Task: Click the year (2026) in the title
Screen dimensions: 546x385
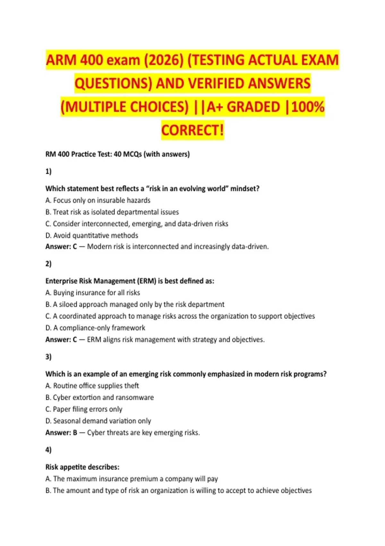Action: coord(163,60)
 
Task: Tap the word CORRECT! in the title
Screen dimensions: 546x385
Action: coord(192,130)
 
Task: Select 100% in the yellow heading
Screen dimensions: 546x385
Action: coord(308,107)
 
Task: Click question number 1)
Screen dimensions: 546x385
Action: coord(48,171)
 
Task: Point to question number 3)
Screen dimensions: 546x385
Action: coord(48,357)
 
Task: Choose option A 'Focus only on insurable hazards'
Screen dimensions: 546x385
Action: coord(98,200)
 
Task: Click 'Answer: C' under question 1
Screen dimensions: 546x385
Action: coord(61,247)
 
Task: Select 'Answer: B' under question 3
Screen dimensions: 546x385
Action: coord(61,433)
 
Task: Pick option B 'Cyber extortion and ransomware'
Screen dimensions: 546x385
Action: coord(100,398)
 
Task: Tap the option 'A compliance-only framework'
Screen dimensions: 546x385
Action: coord(95,328)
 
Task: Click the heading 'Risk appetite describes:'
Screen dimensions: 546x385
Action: coord(82,467)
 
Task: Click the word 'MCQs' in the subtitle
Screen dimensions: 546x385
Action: coord(133,154)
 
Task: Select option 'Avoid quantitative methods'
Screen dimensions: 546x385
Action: coord(92,235)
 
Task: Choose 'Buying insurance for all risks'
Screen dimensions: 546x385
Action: coord(93,293)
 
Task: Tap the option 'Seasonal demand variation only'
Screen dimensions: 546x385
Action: coord(98,421)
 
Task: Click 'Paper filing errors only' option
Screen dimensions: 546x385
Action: coord(84,409)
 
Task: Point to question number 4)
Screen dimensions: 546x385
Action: coord(48,450)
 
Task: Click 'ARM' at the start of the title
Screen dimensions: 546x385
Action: coord(61,60)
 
